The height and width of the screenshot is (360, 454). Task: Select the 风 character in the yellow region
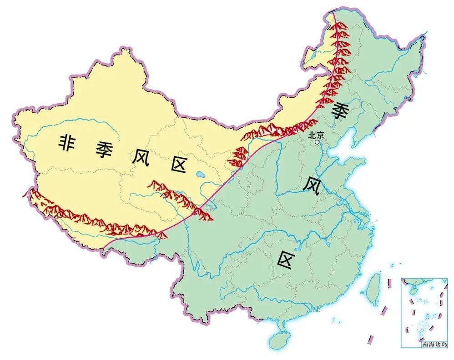(141, 157)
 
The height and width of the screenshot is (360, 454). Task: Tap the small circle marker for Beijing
(318, 142)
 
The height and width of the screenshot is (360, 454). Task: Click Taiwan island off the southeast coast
(374, 289)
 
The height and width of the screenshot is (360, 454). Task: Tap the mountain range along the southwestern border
(91, 215)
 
